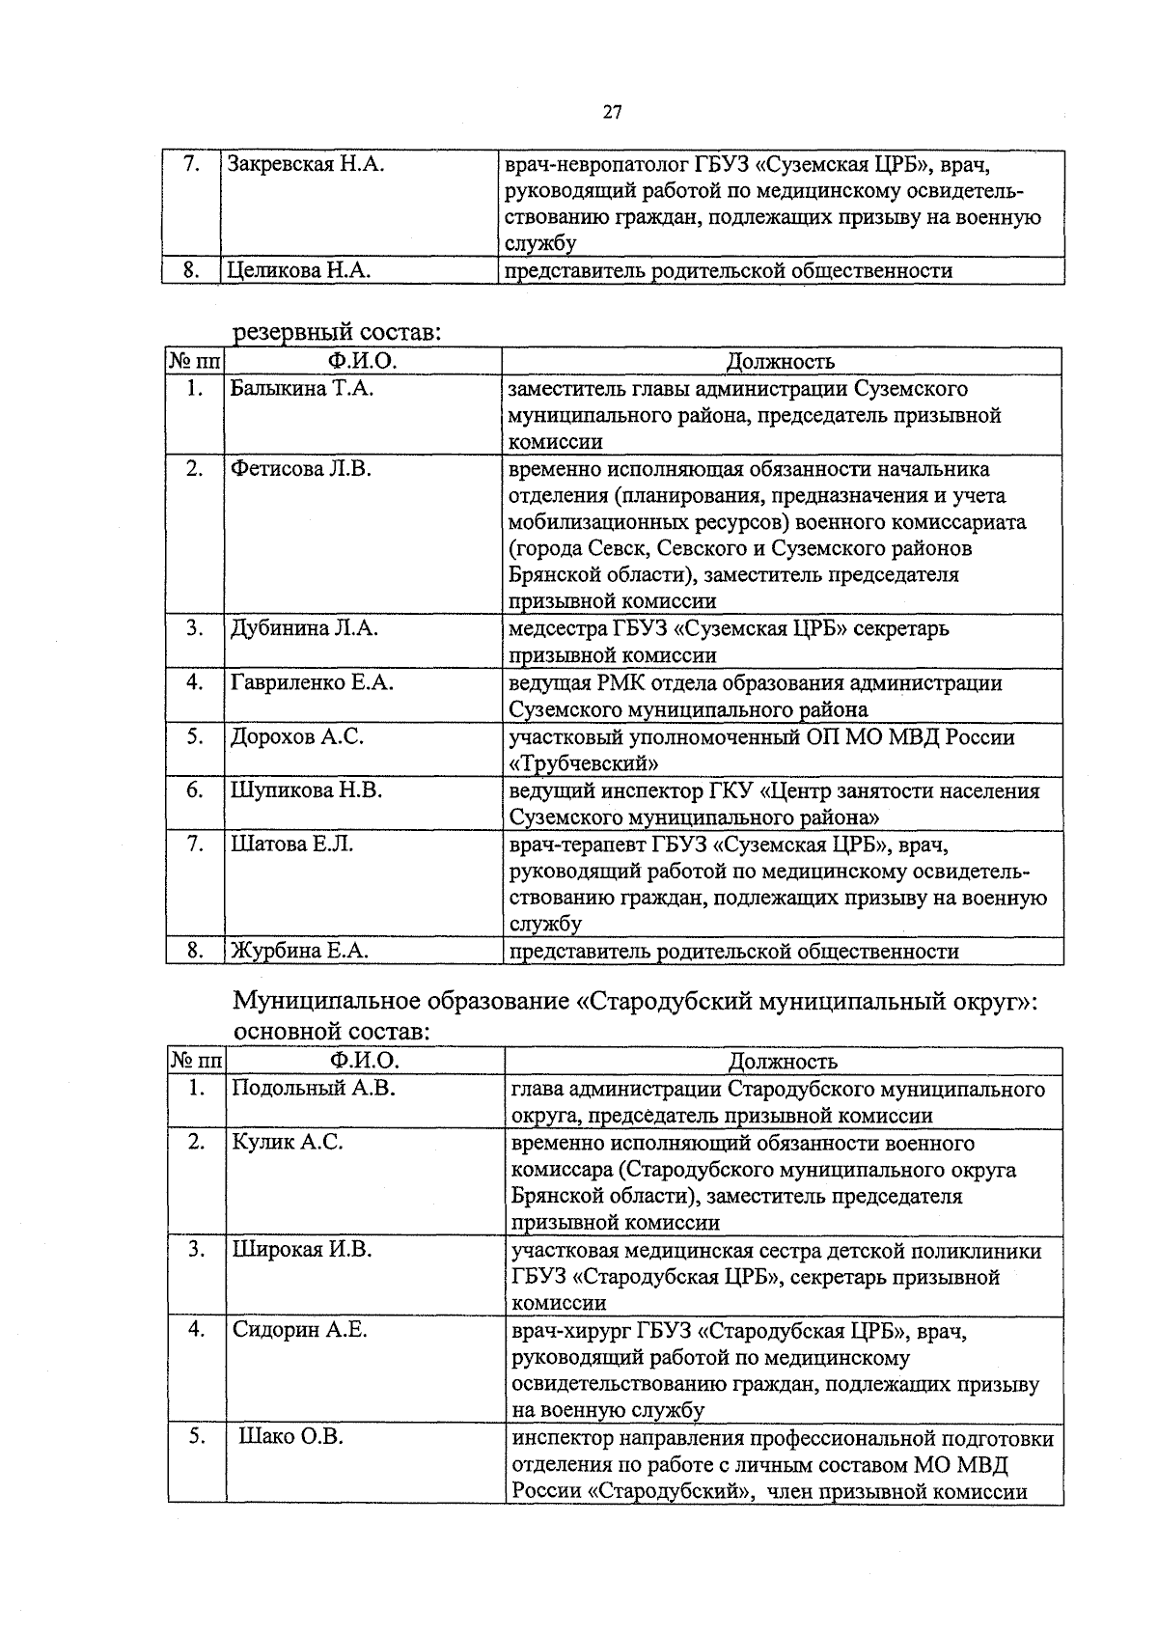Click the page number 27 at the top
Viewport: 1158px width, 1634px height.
612,112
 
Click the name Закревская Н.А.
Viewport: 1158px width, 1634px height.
306,164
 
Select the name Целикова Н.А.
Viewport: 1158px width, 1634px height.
298,271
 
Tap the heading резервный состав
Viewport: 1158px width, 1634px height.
337,332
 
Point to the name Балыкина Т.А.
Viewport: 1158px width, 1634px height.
301,389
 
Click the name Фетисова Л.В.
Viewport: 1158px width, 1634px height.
300,469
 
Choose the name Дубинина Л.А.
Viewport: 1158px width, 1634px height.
304,629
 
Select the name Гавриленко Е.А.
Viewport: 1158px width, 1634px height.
312,683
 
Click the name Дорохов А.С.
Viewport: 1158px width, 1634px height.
296,737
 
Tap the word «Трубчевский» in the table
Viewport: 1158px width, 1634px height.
584,763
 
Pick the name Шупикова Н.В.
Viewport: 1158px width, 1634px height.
306,791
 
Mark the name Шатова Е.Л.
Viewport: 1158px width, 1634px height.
291,845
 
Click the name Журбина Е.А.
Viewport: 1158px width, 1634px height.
299,952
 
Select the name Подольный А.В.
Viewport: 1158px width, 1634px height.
314,1089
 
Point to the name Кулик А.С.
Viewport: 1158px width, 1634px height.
287,1143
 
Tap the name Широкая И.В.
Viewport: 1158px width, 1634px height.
301,1250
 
